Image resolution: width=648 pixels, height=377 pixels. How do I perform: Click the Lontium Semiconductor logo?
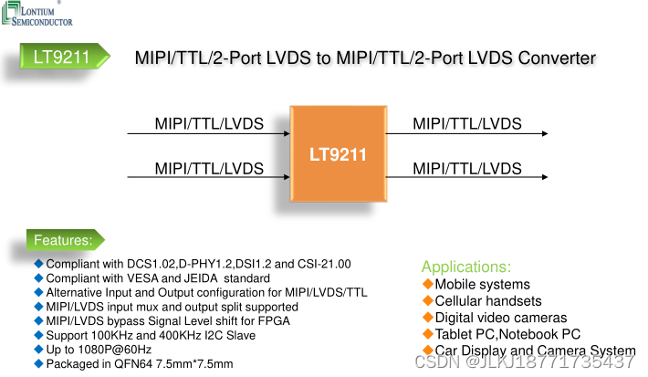pyautogui.click(x=41, y=13)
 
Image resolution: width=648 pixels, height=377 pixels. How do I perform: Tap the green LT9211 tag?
pyautogui.click(x=61, y=58)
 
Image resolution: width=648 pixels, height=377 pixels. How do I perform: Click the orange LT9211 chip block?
pyautogui.click(x=338, y=155)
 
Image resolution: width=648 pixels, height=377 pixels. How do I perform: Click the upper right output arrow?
pyautogui.click(x=466, y=134)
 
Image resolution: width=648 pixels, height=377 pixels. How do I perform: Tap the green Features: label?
pyautogui.click(x=63, y=240)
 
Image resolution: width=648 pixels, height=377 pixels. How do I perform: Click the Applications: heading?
pyautogui.click(x=466, y=267)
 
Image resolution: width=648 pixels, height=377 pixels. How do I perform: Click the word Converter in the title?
pyautogui.click(x=557, y=58)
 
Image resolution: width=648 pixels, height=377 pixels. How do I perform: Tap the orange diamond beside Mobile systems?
pyautogui.click(x=427, y=284)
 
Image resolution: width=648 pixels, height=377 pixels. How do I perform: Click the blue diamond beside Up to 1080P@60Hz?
pyautogui.click(x=38, y=350)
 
